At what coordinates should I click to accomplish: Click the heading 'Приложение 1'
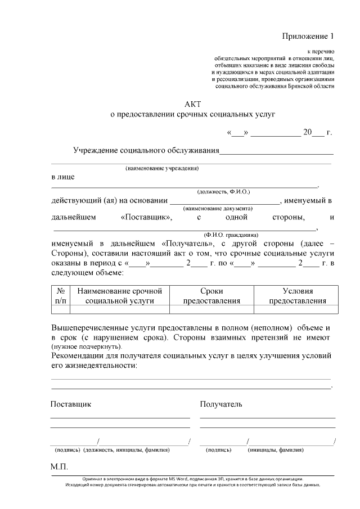click(x=308, y=37)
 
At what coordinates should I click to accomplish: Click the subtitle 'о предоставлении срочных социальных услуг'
click(x=192, y=115)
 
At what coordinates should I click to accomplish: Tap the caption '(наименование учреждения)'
click(x=162, y=168)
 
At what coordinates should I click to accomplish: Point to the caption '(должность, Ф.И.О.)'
click(x=223, y=192)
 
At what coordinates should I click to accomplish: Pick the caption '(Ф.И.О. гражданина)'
click(x=231, y=235)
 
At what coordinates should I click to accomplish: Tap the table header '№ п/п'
click(x=60, y=296)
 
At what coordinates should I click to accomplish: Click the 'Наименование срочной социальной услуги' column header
click(x=119, y=296)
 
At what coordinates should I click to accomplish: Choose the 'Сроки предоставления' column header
click(x=211, y=296)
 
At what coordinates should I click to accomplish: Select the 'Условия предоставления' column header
click(x=297, y=296)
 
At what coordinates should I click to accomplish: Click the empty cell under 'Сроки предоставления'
click(x=211, y=309)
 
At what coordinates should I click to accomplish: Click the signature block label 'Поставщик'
click(x=71, y=404)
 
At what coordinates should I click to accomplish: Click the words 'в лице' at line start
click(x=62, y=177)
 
